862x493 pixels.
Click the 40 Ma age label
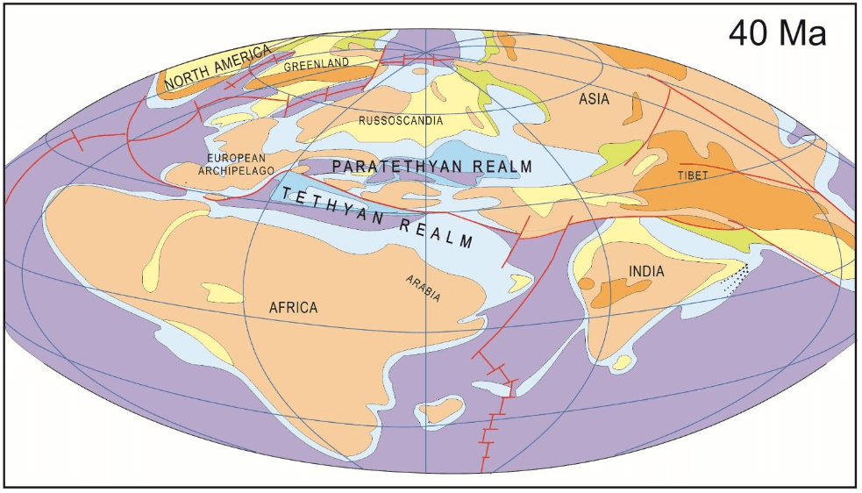[x=777, y=34]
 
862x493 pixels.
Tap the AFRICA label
[x=293, y=307]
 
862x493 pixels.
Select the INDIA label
[x=646, y=272]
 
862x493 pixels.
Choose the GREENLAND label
[x=317, y=63]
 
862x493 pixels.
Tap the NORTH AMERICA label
[x=215, y=69]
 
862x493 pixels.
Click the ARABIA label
[x=423, y=289]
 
